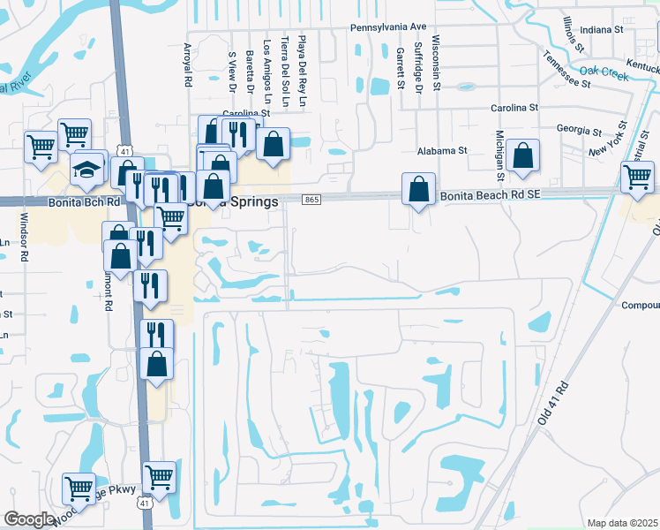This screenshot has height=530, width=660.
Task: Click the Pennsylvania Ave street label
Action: tap(387, 27)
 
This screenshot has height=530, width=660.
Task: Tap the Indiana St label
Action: tap(603, 29)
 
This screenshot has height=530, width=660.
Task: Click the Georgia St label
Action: tap(579, 129)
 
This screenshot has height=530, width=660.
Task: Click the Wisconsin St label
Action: tap(436, 64)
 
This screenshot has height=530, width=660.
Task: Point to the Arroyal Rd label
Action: tap(187, 64)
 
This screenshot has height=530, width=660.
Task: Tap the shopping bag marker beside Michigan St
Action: tap(523, 155)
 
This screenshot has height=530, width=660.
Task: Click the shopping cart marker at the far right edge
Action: tap(637, 177)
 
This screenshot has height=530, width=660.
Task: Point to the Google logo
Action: tap(30, 519)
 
